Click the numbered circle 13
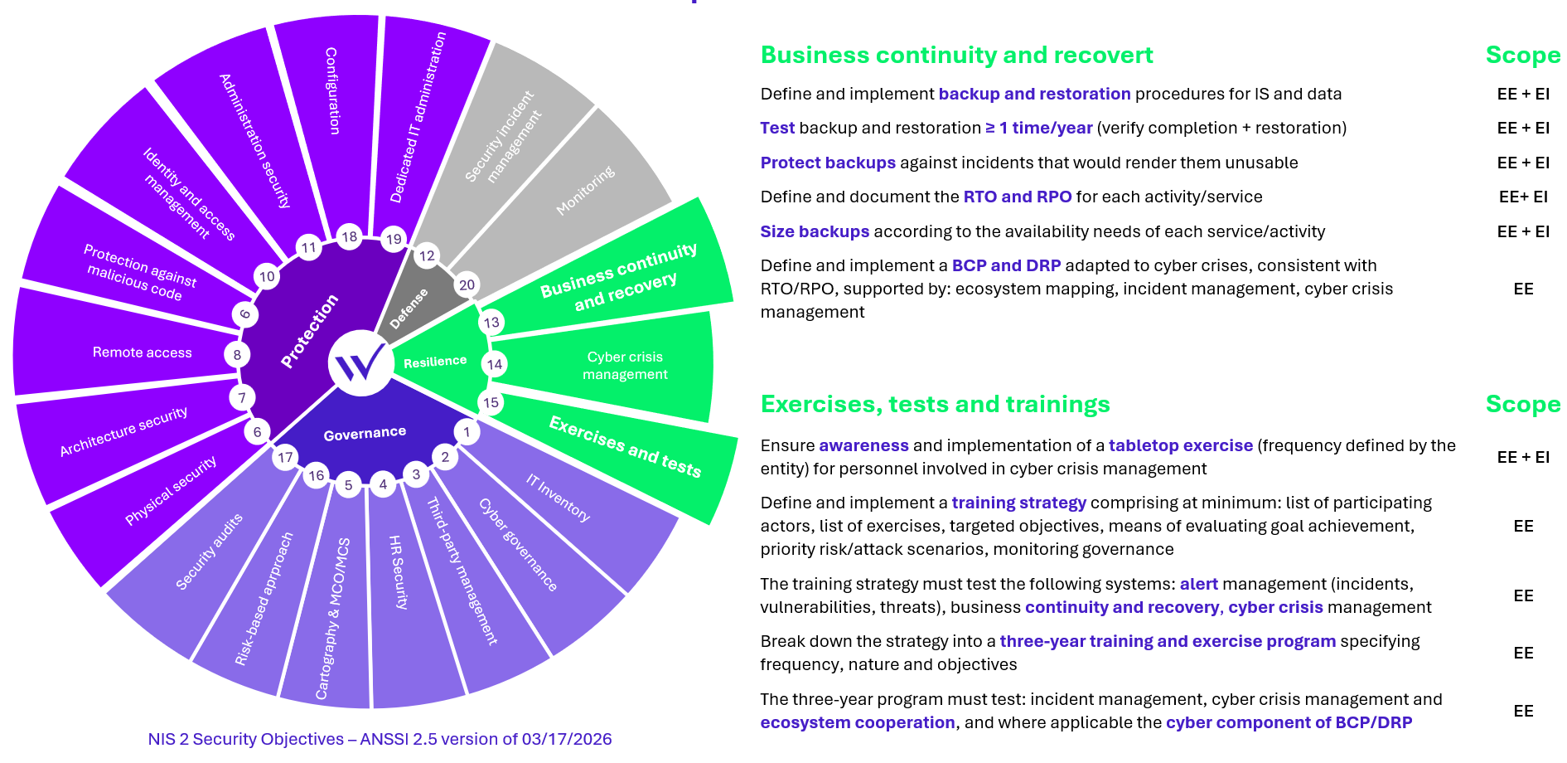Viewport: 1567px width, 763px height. (x=491, y=322)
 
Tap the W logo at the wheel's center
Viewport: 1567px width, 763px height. (x=361, y=362)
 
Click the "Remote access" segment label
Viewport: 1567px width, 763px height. (x=142, y=352)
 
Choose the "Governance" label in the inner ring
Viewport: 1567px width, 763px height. (x=365, y=434)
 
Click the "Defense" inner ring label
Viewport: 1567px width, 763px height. (x=409, y=309)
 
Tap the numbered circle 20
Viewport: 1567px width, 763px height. (x=467, y=284)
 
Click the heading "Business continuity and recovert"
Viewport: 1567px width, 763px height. (x=956, y=55)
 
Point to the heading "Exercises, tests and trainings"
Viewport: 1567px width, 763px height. (x=935, y=404)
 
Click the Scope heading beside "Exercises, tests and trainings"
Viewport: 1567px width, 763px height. (x=1523, y=404)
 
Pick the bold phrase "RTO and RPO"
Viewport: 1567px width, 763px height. (x=1018, y=197)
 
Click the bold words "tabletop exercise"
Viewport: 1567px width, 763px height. (x=1181, y=445)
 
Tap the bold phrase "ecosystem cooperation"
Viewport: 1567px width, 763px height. (x=858, y=722)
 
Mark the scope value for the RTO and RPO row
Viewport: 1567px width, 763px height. (x=1523, y=197)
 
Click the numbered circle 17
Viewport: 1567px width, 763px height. (x=286, y=457)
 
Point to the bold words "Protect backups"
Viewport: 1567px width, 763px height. (x=828, y=163)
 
